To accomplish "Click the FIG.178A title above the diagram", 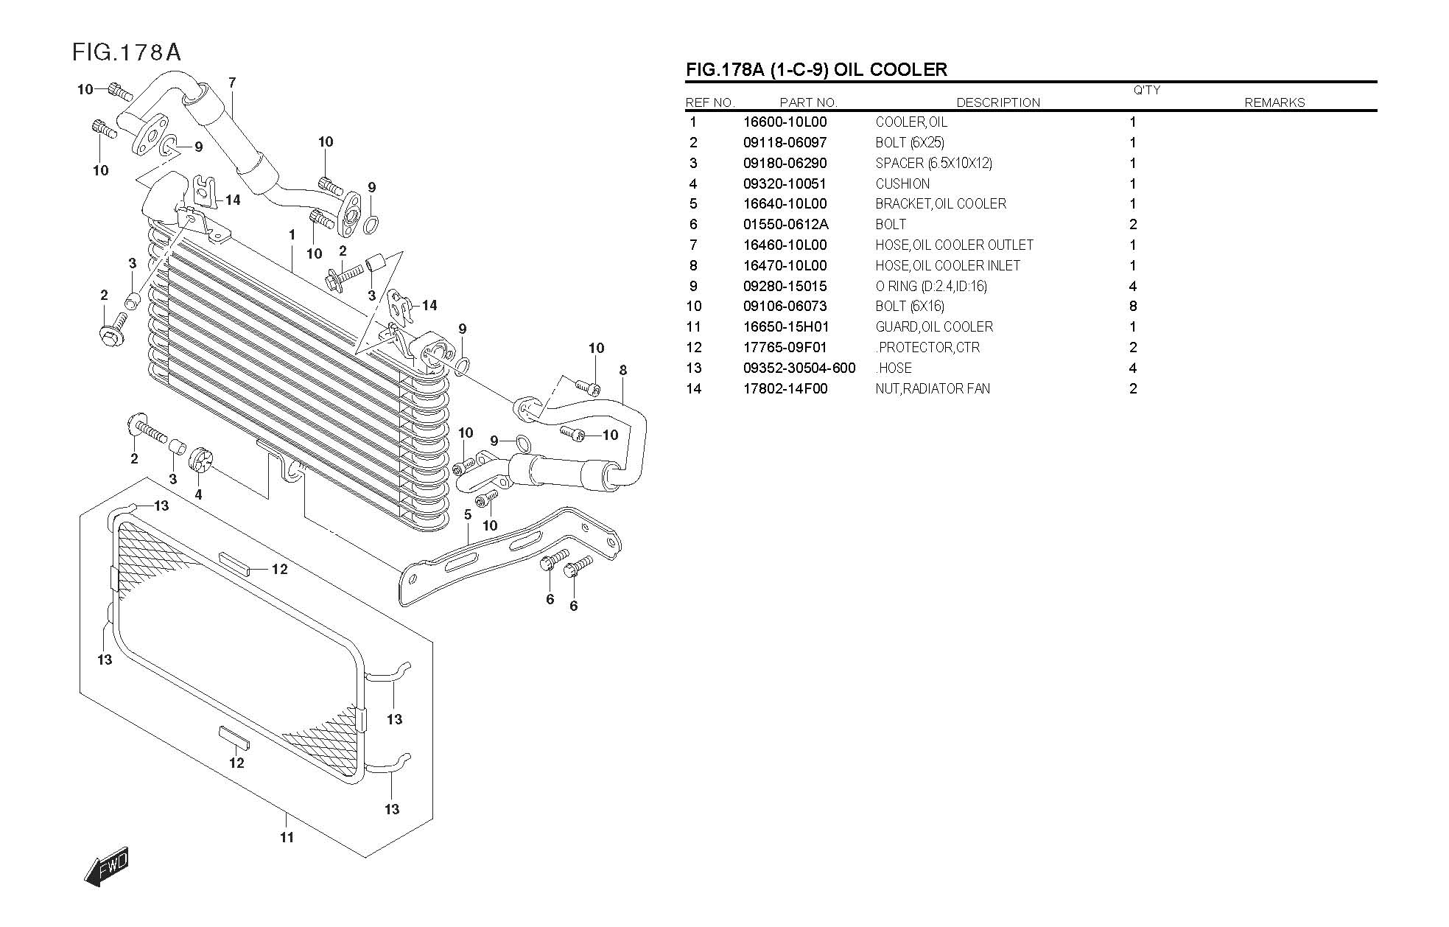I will coord(127,52).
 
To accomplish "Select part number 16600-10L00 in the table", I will coord(785,122).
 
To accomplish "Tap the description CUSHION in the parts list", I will coord(902,183).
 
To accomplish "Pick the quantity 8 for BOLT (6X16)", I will coord(1132,307).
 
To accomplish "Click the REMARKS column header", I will coord(1274,102).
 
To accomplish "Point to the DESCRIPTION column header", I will coord(998,102).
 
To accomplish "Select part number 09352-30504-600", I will coord(799,368).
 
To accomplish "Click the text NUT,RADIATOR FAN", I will coord(933,388).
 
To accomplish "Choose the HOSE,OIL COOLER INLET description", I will coord(947,265).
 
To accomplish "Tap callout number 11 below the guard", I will coord(287,837).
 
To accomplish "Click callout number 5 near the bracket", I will coord(468,515).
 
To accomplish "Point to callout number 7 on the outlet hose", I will coord(232,83).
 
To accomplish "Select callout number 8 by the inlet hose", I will coord(623,370).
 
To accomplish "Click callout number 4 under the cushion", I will coord(198,495).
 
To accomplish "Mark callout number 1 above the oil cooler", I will coord(292,234).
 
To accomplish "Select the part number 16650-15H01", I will coord(785,327).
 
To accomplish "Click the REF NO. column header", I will coord(709,102).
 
